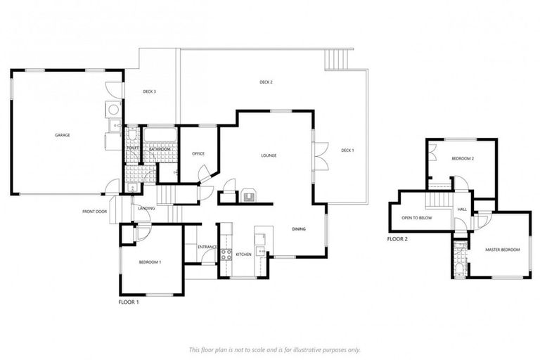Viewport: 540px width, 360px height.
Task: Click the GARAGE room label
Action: pos(63,135)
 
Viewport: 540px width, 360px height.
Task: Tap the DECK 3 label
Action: pos(149,91)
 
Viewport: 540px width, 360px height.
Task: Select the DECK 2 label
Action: pos(266,82)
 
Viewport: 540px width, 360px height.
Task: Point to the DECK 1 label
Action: pos(348,150)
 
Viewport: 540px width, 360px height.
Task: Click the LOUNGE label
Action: pos(268,155)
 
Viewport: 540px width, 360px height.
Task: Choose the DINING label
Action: pos(299,229)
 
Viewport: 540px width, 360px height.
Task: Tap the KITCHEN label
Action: pos(243,254)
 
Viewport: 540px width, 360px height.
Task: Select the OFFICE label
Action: pos(198,153)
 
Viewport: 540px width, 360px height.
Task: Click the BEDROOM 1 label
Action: pos(150,262)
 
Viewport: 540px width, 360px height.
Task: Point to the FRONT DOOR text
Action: pos(94,211)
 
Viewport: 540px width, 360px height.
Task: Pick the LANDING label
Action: pos(146,208)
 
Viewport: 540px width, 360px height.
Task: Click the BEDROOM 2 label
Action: pos(463,159)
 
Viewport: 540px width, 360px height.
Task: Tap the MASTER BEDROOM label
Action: pos(503,250)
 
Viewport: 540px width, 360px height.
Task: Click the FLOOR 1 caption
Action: pos(129,302)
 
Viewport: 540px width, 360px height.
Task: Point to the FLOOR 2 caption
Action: pos(397,239)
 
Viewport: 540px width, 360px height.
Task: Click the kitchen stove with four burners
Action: pos(227,254)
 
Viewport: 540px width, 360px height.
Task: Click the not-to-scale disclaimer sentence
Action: pos(274,349)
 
